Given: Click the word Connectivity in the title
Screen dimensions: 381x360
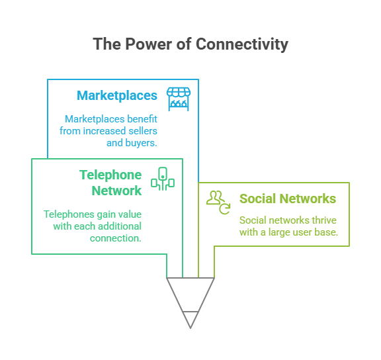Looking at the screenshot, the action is [242, 44].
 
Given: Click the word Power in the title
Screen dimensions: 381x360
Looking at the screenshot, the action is [148, 44].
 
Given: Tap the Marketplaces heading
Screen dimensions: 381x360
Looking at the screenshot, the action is [117, 95].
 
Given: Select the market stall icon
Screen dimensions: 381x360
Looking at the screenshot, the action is [179, 99].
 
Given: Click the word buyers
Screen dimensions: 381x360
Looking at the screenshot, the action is [141, 143].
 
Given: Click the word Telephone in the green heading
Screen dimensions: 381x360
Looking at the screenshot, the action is [110, 175].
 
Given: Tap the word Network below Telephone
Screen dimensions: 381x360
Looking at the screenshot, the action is [116, 191].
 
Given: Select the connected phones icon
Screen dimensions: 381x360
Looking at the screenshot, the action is [163, 179].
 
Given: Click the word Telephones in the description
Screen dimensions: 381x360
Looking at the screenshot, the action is [69, 214].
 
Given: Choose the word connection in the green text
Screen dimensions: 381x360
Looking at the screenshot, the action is [115, 238].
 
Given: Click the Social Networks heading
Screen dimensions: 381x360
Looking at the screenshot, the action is [288, 199].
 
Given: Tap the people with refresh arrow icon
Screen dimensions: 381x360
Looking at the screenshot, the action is [218, 202].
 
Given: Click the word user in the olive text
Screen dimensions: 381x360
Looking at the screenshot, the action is [302, 233].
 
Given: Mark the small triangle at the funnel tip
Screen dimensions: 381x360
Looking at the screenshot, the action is [190, 319].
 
